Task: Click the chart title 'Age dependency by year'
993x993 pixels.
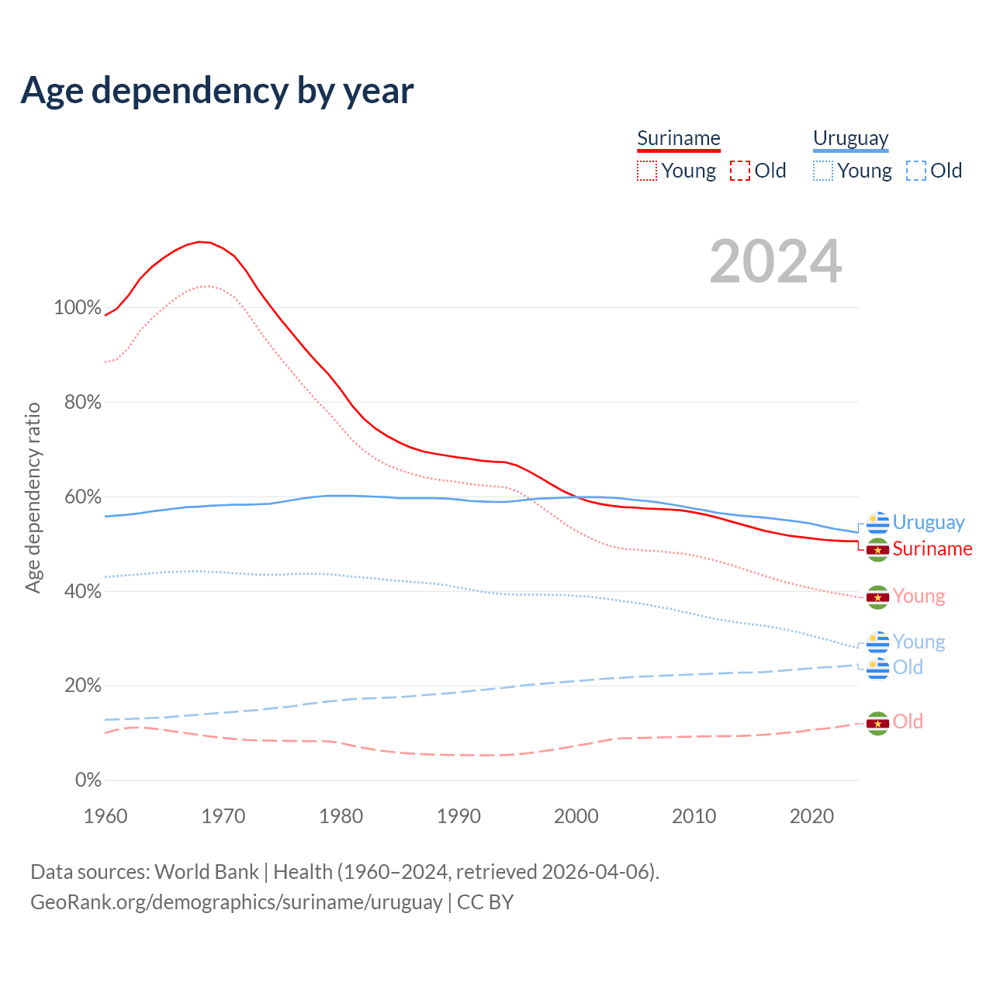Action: coord(217,91)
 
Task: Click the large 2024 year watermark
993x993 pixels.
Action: coord(775,262)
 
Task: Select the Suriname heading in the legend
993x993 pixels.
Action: coord(679,138)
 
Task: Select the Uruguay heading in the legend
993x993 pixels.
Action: coord(850,138)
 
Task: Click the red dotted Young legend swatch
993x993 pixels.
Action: coord(647,171)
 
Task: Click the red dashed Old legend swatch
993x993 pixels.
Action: coord(740,171)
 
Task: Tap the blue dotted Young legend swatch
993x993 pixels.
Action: coord(823,171)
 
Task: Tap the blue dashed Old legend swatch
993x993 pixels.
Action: coord(916,171)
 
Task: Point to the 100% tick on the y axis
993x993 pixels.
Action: coord(78,308)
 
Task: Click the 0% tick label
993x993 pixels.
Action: coord(88,780)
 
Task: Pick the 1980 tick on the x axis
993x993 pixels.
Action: coord(341,816)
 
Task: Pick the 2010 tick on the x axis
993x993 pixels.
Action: coord(694,816)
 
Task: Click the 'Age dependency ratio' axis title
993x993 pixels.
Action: coord(33,497)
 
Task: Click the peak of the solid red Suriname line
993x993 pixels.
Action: coord(199,242)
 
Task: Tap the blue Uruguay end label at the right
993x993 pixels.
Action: coord(928,523)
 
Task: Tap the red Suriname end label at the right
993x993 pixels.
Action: coord(932,549)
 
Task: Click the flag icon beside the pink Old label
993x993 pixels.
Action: coord(877,723)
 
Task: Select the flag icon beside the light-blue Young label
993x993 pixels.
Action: coord(877,643)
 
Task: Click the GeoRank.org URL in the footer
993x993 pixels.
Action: coord(237,902)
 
